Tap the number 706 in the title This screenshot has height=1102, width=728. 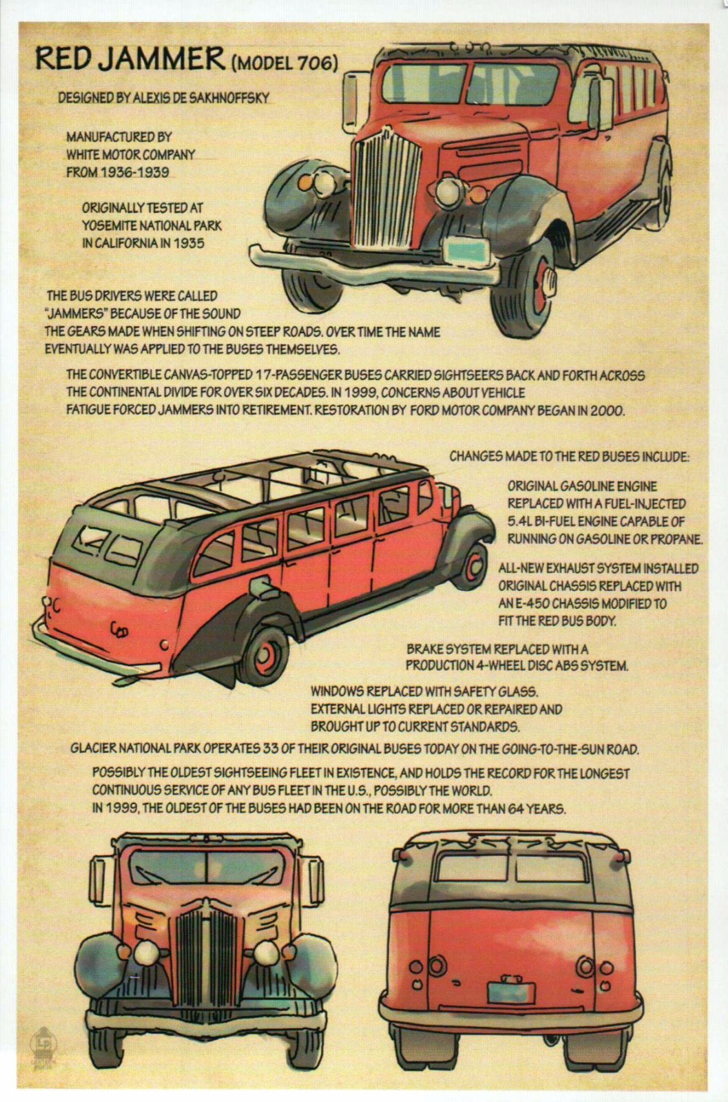coord(318,64)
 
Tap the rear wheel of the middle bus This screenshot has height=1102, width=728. coord(266,653)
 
